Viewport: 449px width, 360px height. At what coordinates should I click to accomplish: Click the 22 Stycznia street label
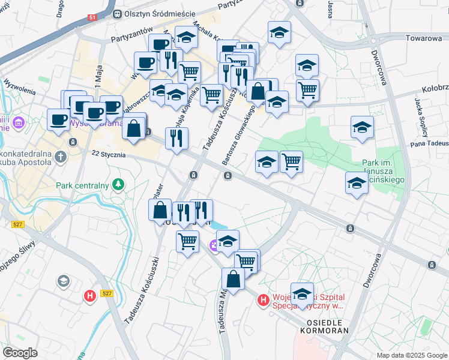pos(109,155)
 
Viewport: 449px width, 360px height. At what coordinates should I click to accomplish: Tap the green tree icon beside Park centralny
pos(119,183)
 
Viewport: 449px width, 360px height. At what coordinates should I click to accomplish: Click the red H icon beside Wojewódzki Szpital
pos(262,299)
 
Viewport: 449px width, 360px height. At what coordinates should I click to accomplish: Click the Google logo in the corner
pos(20,352)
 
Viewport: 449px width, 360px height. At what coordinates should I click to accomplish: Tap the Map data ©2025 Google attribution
pos(411,355)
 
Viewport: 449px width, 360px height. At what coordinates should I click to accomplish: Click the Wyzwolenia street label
pos(19,87)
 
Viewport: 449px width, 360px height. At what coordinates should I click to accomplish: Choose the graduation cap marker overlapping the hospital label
pos(302,294)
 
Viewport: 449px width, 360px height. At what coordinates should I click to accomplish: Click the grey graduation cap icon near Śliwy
pos(63,281)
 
